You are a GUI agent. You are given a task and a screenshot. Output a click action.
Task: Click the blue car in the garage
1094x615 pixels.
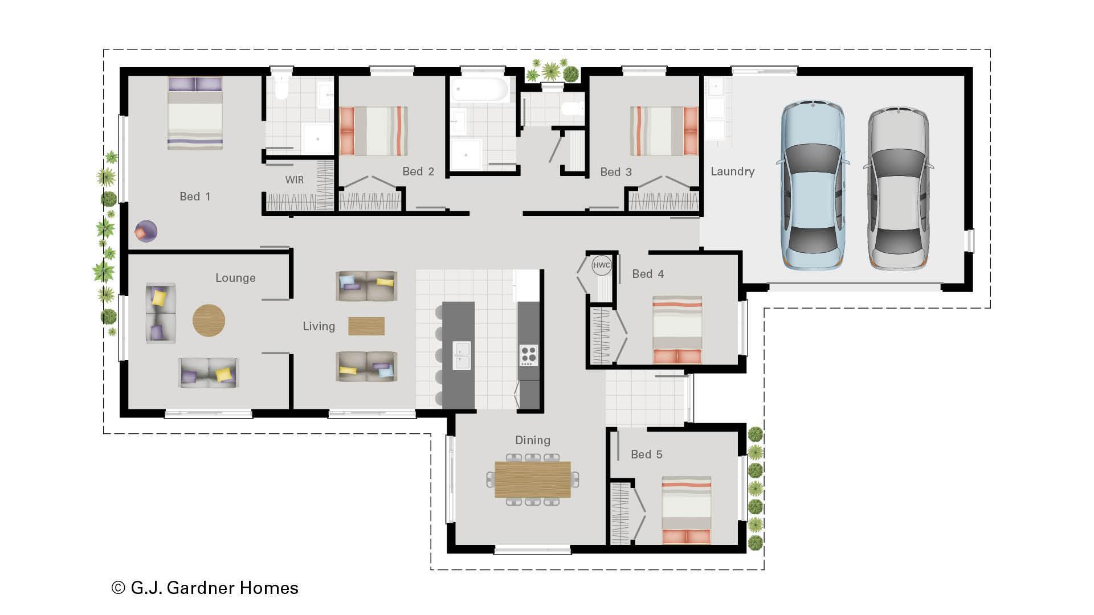click(x=813, y=185)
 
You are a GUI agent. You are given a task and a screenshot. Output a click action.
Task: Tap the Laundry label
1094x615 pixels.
click(x=732, y=171)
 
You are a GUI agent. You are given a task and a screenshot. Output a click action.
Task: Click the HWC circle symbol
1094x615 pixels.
click(x=601, y=265)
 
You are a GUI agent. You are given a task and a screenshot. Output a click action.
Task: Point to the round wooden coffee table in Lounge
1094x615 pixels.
click(x=209, y=320)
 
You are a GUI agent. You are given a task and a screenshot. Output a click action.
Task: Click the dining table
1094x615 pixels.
click(x=532, y=479)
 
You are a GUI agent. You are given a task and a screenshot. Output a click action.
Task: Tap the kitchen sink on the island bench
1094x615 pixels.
click(x=462, y=355)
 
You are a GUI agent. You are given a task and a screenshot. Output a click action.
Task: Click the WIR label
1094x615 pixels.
click(x=294, y=180)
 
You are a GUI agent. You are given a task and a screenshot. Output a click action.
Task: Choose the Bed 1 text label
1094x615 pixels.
click(x=195, y=196)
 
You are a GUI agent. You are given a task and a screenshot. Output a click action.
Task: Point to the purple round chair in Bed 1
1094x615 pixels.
click(x=146, y=231)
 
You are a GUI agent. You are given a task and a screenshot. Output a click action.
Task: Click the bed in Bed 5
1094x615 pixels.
click(x=686, y=509)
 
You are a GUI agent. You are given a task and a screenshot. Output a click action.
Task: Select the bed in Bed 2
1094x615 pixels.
click(x=373, y=131)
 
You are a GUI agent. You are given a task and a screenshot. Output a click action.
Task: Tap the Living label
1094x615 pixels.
click(x=319, y=326)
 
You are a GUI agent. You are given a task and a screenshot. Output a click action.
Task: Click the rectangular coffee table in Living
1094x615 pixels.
click(x=366, y=326)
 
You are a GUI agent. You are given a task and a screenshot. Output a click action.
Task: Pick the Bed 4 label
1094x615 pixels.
click(x=648, y=274)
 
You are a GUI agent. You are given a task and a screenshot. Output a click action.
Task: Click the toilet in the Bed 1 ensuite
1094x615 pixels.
click(x=281, y=88)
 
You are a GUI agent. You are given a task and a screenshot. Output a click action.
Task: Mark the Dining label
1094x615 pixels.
click(x=532, y=440)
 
